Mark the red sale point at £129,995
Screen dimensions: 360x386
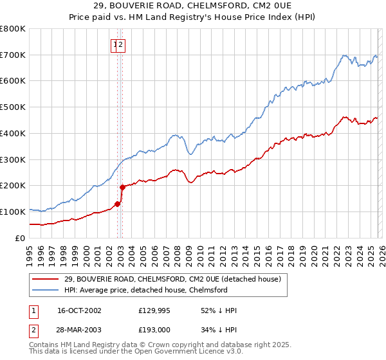(x=117, y=204)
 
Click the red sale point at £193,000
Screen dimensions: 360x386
(x=122, y=187)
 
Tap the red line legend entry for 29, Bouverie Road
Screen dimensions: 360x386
(x=172, y=280)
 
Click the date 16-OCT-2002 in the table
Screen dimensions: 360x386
(x=79, y=310)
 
